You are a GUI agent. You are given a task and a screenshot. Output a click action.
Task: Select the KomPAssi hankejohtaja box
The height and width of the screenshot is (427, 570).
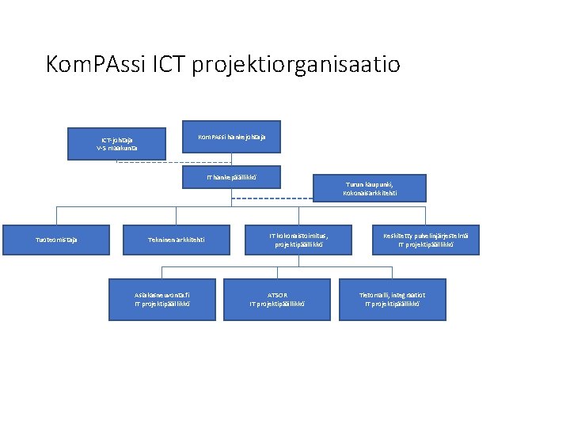[231, 138]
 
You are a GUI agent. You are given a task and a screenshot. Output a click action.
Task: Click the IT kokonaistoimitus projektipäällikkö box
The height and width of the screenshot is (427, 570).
[298, 240]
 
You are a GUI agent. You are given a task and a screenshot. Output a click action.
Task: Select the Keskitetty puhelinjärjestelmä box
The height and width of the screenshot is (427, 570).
[425, 240]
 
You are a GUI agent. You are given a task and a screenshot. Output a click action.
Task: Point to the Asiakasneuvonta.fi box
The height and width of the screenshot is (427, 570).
[162, 299]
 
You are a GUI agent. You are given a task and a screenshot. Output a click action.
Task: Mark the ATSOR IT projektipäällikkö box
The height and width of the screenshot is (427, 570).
[277, 299]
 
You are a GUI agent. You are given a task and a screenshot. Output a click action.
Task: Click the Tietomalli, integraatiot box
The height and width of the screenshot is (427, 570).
[392, 299]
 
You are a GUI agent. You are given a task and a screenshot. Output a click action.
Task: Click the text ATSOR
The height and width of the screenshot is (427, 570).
[277, 295]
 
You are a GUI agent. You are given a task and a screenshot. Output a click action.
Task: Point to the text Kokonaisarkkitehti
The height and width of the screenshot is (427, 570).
[370, 194]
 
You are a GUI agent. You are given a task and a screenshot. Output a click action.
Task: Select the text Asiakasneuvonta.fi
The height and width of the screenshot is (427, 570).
[162, 295]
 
